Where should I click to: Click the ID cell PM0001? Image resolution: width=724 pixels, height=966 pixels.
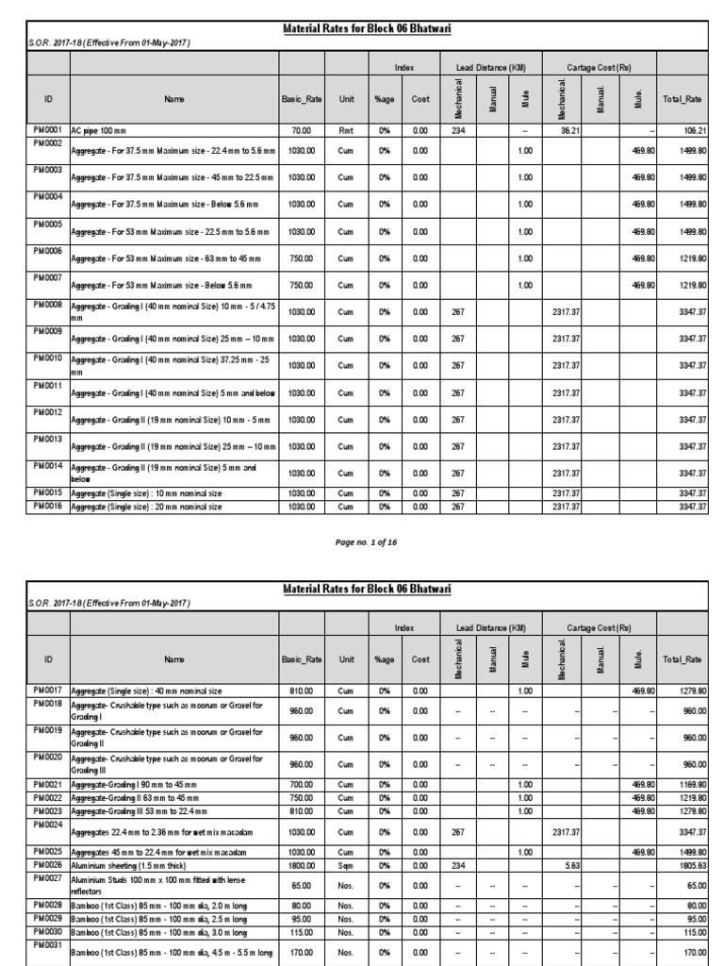click(x=47, y=130)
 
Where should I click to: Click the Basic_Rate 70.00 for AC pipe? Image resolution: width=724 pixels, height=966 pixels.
click(x=301, y=131)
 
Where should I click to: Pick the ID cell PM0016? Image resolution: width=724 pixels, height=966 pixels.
click(x=47, y=507)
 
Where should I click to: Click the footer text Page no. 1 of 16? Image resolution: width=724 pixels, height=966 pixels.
click(x=362, y=543)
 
